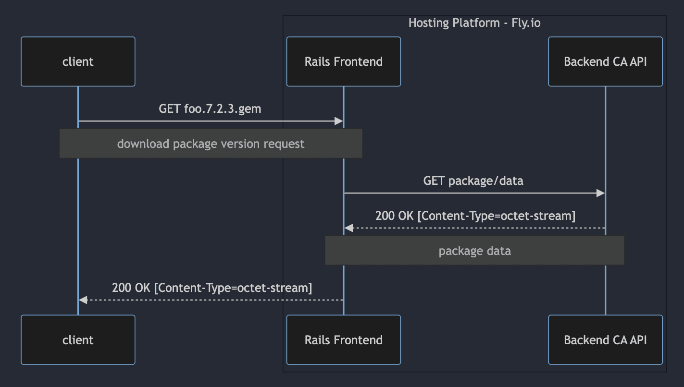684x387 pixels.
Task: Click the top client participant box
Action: click(78, 62)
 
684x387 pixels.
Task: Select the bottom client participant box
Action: click(78, 340)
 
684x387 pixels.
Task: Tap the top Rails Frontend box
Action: click(343, 62)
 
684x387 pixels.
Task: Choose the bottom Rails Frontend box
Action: click(343, 340)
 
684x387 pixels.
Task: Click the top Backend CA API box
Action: click(605, 62)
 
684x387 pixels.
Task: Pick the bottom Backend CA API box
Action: click(605, 340)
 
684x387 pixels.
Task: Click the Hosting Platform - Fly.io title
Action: click(474, 23)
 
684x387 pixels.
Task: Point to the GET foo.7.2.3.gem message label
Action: click(210, 109)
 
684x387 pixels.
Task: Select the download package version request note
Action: click(211, 144)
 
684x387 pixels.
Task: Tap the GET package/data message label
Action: click(473, 181)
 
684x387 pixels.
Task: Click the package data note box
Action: click(474, 251)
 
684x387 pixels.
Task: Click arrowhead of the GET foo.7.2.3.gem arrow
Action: click(338, 121)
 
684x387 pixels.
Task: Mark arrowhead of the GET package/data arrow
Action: click(600, 193)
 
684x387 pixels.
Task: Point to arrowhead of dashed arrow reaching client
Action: click(83, 300)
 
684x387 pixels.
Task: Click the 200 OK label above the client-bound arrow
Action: click(212, 288)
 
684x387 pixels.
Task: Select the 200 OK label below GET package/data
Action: click(475, 216)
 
